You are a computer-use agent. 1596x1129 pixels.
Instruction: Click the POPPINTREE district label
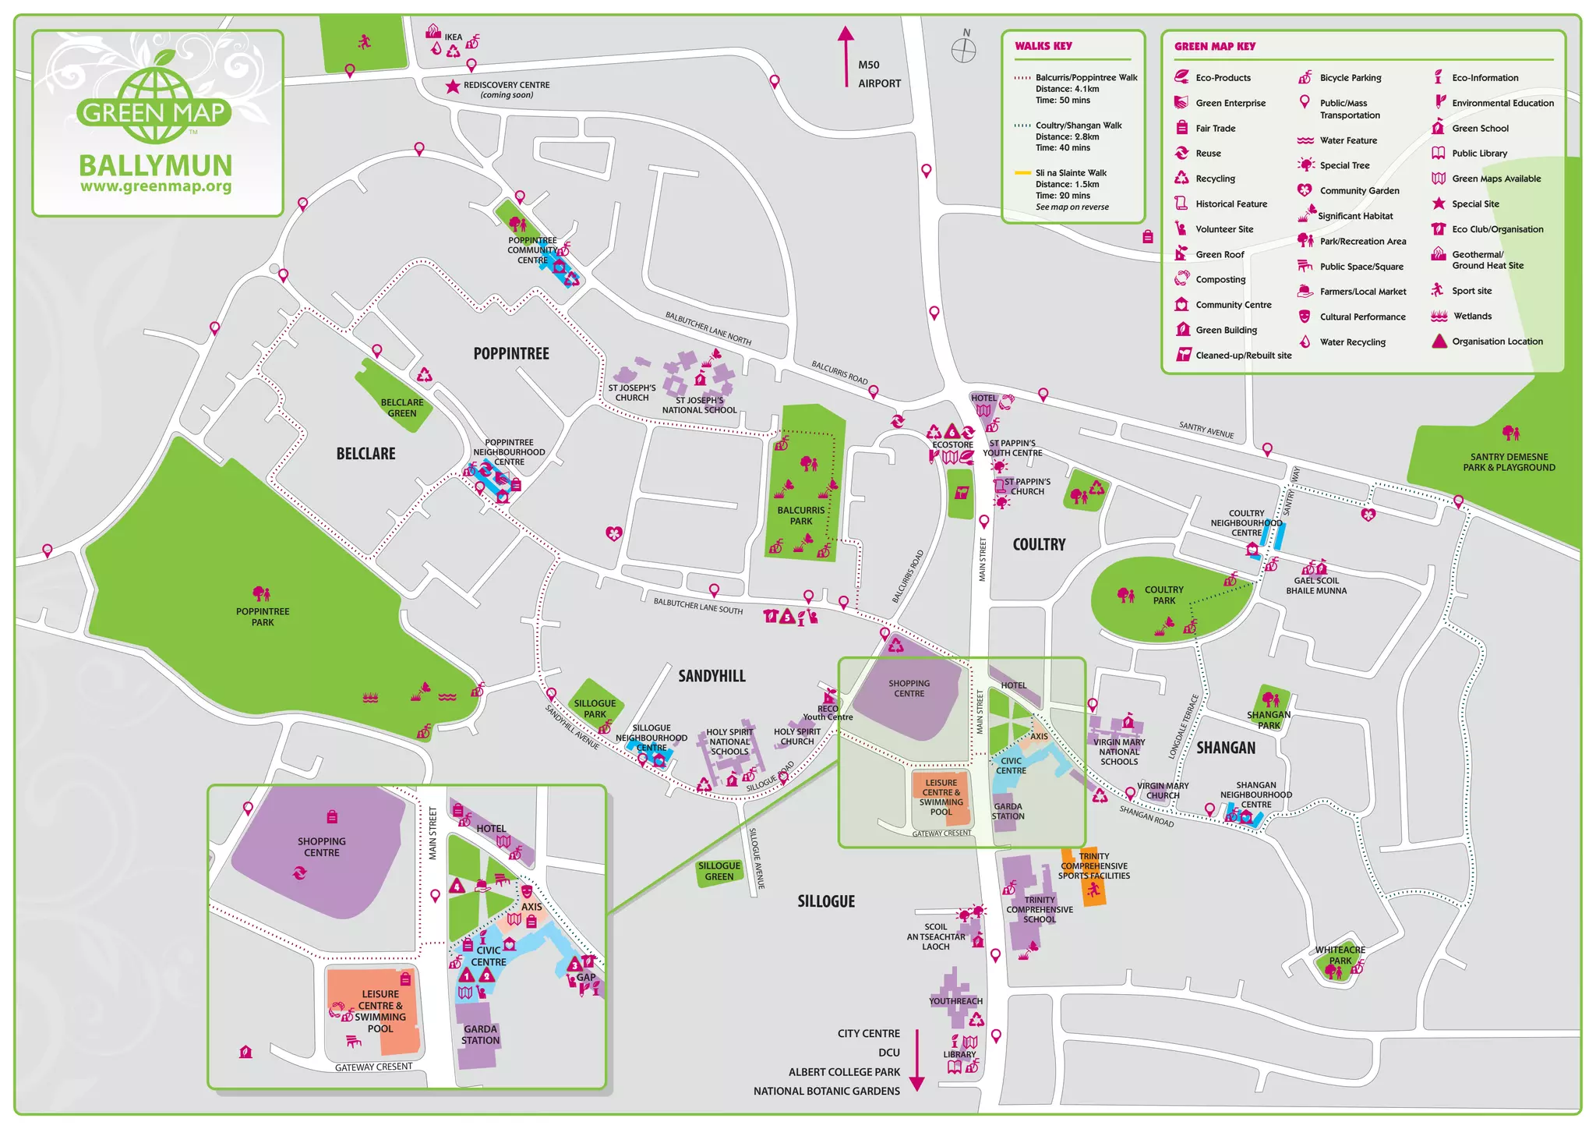click(511, 354)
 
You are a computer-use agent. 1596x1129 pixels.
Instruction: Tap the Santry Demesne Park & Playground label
click(1509, 462)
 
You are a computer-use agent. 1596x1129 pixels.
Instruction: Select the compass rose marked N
click(964, 51)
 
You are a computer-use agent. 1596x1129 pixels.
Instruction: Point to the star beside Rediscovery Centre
click(453, 87)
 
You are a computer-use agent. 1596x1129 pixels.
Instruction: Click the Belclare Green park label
click(402, 408)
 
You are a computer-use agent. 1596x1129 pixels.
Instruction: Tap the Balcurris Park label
click(800, 515)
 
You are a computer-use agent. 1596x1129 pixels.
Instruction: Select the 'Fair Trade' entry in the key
click(1215, 129)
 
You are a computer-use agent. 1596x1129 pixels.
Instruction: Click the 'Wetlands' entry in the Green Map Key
click(1472, 317)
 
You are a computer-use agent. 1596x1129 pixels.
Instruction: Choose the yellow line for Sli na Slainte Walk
click(1022, 173)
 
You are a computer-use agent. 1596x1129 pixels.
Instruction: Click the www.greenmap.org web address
click(156, 187)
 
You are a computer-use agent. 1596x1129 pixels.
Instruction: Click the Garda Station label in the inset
click(480, 1035)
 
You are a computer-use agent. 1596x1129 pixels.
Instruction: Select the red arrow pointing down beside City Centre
click(917, 1060)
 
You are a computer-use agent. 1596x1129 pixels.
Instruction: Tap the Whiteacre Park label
click(1340, 955)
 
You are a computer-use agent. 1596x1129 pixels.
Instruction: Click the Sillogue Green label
click(719, 871)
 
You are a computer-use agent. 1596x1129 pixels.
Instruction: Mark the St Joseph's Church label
click(631, 393)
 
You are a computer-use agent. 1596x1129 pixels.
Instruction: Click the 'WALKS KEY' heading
click(1043, 46)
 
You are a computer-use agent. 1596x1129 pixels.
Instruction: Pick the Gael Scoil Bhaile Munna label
click(1316, 586)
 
